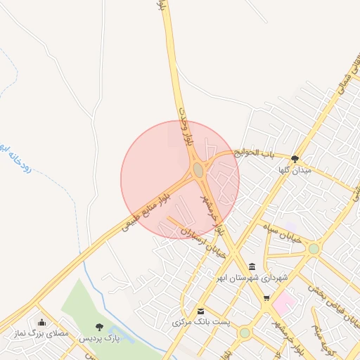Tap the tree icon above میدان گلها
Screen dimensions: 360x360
[x=295, y=159]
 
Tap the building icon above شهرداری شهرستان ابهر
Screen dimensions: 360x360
[x=252, y=266]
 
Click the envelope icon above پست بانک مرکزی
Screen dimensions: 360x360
[x=202, y=311]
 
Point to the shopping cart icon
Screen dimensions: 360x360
[x=266, y=298]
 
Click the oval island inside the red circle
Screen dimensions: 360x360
[x=198, y=170]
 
